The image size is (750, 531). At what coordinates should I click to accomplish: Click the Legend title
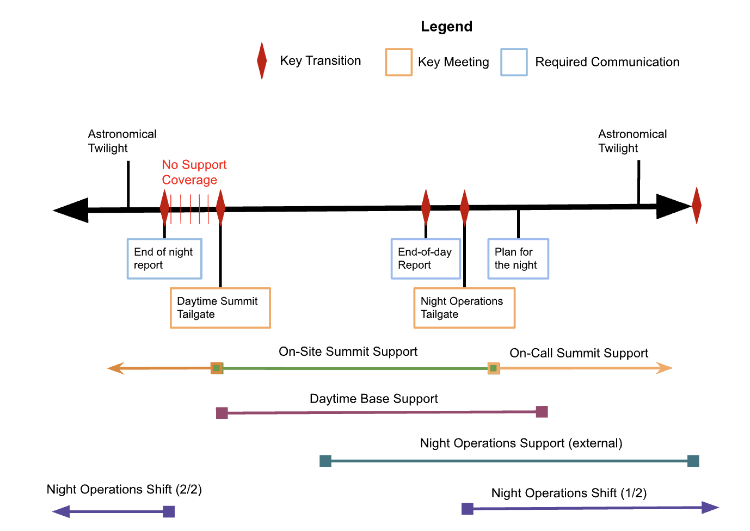pos(446,27)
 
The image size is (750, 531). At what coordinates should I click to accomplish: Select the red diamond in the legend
pos(262,61)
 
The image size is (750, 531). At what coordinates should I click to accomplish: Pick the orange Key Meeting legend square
pos(398,62)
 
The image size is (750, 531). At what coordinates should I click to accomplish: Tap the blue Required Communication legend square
pos(514,62)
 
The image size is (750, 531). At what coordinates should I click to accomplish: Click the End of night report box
pos(164,258)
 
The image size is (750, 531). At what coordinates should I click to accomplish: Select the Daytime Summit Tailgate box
pos(220,308)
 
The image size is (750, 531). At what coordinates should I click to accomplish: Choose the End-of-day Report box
pos(426,258)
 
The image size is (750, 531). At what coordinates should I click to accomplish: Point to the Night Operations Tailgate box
pos(464,308)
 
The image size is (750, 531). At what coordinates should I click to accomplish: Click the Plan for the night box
pos(518,258)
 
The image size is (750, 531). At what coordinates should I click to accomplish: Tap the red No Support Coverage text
pos(193,172)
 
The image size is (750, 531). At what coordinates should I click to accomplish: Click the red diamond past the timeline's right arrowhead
pos(696,206)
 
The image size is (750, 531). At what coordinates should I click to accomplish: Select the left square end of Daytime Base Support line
pos(222,413)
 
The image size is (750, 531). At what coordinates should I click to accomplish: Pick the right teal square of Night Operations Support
pos(693,461)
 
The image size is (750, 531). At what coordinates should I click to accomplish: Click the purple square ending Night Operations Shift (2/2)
pos(169,511)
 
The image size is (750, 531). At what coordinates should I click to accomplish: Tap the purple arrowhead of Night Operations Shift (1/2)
pos(710,508)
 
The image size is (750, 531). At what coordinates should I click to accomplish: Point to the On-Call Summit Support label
pos(579,353)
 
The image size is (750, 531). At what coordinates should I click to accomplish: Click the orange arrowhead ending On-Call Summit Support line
pos(665,368)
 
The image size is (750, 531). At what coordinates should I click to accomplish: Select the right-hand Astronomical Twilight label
pos(632,141)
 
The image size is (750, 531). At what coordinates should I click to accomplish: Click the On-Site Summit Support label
pos(348,351)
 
